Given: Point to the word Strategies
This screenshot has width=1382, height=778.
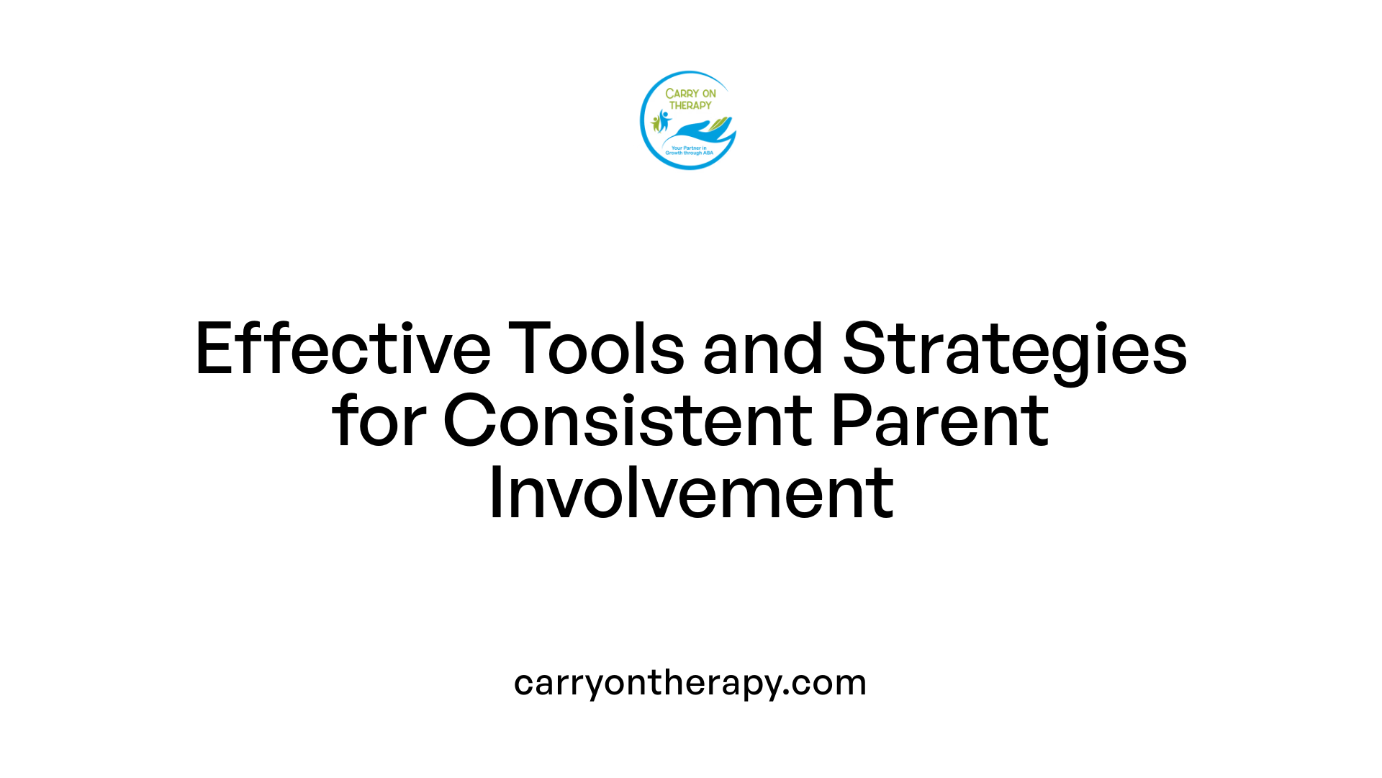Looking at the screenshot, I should tap(1015, 350).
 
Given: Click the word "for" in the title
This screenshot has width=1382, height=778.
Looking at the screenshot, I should tap(379, 421).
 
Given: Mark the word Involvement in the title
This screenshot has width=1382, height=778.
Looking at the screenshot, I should tap(691, 493).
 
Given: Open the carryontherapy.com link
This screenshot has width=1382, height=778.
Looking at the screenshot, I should tap(690, 682).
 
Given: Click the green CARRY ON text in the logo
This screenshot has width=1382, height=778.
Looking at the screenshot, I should tap(690, 94).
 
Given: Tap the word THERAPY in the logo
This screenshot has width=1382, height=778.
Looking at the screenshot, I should tap(690, 105).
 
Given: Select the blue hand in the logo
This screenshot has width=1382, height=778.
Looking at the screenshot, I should tap(695, 131).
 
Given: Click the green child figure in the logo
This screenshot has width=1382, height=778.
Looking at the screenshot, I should tap(655, 124).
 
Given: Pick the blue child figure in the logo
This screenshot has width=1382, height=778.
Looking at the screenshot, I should tap(664, 120).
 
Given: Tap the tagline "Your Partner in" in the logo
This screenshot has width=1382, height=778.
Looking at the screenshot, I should tap(689, 148).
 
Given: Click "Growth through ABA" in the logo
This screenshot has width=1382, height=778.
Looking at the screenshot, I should tap(689, 153).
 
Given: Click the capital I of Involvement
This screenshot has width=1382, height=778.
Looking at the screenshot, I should tap(494, 493).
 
